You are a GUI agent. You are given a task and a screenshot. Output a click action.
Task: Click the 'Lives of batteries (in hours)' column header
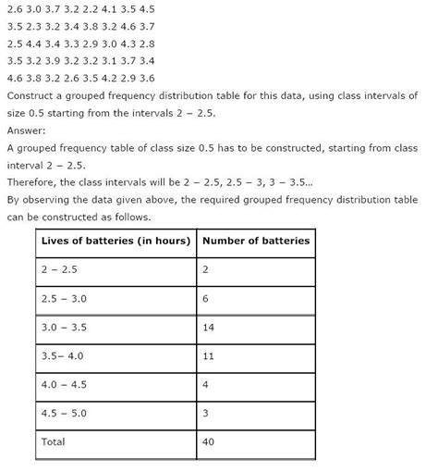(115, 241)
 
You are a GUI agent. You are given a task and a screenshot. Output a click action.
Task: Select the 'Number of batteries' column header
(256, 241)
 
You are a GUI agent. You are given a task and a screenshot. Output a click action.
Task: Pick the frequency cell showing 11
(210, 355)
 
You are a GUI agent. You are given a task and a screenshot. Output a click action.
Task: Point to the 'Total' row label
(54, 441)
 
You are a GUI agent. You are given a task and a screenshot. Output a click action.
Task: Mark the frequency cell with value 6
(206, 298)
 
